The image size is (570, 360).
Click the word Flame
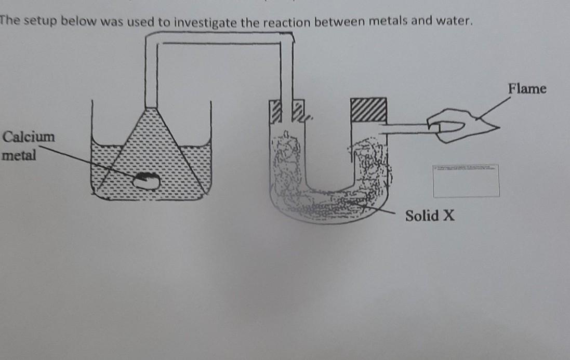coord(527,89)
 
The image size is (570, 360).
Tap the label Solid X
coord(430,216)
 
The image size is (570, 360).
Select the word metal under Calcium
coord(19,155)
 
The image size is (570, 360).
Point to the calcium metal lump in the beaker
coord(146,181)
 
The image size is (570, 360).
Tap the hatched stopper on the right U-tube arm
coord(368,110)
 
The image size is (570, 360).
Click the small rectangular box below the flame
coord(466,181)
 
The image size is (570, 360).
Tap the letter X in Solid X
coord(448,216)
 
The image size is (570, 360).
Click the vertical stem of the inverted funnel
coord(151,73)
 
